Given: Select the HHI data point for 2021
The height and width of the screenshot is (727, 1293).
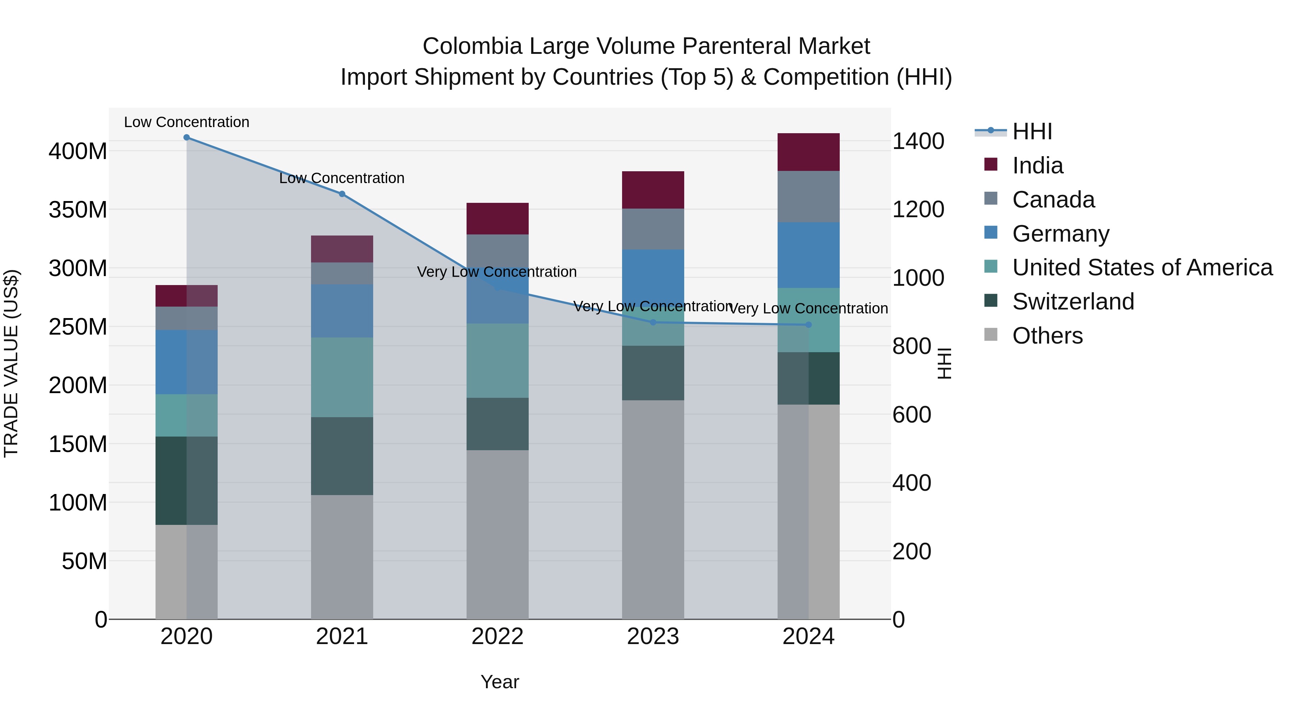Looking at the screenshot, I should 342,194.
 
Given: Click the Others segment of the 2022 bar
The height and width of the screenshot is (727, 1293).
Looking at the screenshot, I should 497,534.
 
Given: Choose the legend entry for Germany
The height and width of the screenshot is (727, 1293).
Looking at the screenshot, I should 1060,234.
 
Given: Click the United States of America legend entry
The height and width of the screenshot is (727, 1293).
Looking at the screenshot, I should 1142,267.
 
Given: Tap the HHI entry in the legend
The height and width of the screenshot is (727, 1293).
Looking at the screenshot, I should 1032,131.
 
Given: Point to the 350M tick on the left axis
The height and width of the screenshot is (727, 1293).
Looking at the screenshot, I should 78,210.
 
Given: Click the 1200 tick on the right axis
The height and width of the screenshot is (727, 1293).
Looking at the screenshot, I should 918,210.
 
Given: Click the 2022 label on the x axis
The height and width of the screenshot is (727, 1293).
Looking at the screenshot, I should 497,637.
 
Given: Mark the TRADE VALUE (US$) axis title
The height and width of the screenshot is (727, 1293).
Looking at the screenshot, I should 11,363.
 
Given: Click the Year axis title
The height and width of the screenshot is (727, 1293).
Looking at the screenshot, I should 500,682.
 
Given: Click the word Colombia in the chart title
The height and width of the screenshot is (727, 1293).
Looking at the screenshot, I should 472,46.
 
